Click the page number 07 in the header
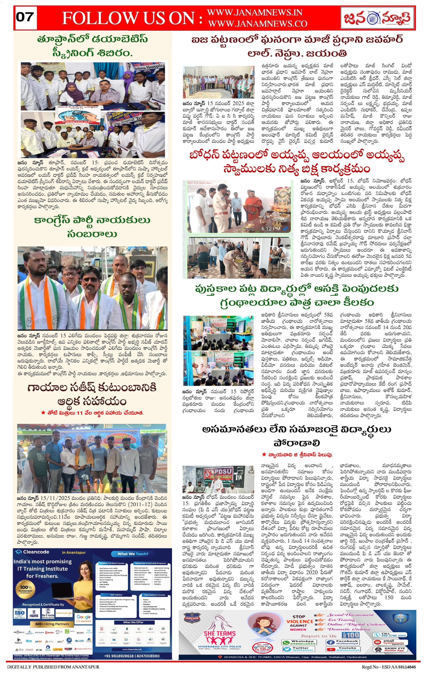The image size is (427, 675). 25,17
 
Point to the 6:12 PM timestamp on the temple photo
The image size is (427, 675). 271,229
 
